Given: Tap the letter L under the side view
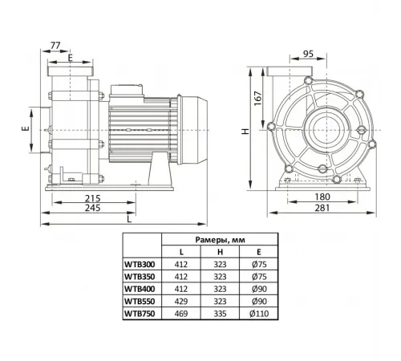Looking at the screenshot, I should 129,218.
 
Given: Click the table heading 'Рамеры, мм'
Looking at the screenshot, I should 219,239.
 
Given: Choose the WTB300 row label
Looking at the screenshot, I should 140,262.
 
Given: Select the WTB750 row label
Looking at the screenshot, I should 140,314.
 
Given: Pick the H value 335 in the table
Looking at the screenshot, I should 218,314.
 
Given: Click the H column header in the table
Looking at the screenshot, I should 218,250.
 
